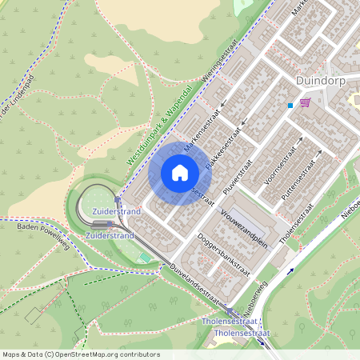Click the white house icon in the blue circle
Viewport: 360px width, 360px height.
coord(180,172)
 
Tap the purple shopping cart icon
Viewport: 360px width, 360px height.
coord(305,102)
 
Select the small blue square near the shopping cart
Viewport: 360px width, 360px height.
coord(290,105)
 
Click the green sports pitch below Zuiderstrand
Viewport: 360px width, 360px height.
coord(144,256)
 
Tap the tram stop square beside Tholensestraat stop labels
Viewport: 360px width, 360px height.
coord(232,312)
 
